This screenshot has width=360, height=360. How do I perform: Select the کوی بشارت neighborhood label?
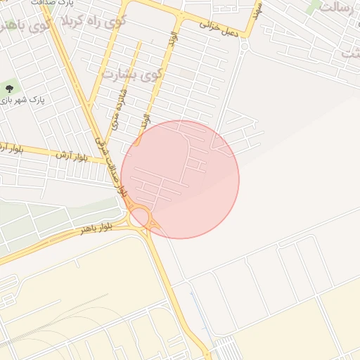(132, 73)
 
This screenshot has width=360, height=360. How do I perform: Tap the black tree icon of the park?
(9, 89)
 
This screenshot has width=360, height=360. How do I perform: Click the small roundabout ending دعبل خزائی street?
(244, 46)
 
